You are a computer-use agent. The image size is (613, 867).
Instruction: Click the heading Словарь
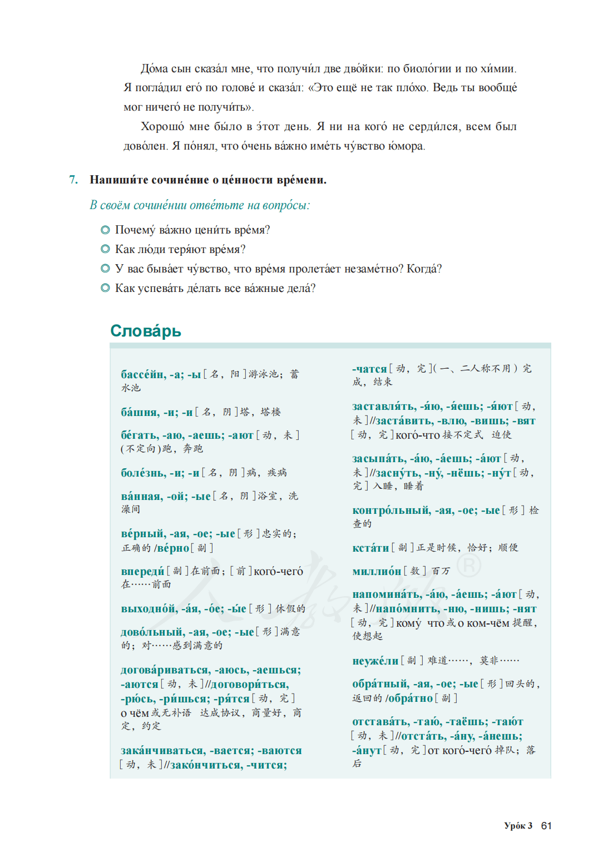146,331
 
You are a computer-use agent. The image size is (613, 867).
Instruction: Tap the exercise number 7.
73,180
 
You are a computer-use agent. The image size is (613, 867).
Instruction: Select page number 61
546,826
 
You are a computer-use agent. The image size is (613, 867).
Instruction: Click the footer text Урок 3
518,826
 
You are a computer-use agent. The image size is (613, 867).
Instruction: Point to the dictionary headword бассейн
143,374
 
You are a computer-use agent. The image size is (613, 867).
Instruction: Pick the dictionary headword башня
140,412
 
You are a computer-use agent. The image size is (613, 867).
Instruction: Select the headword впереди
143,571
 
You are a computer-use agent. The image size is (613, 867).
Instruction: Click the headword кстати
370,548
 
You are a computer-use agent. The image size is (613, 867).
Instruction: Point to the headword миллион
377,571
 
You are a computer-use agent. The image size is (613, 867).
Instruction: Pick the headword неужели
375,661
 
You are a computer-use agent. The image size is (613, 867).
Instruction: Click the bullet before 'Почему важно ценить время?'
105,230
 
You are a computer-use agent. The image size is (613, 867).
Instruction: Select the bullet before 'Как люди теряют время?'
105,250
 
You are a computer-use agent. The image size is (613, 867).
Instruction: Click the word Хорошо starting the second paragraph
162,127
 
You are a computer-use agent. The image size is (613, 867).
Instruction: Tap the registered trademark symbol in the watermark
469,566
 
